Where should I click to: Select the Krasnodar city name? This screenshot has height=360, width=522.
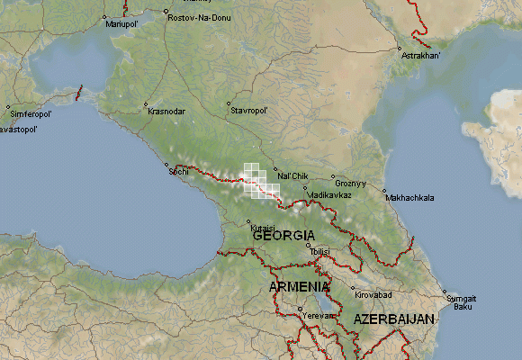(x=166, y=112)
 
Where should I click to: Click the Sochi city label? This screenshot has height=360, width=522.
(x=178, y=171)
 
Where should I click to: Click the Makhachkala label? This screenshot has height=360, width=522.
(x=409, y=197)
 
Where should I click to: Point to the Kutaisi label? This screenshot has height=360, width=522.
(x=261, y=228)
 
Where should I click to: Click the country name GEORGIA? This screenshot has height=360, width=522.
(x=277, y=235)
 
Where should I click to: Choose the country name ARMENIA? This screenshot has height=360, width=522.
(x=300, y=286)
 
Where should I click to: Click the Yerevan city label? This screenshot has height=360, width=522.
(x=318, y=316)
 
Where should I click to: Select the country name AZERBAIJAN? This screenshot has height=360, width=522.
(x=393, y=319)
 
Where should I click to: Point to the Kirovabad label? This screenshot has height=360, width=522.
(x=373, y=295)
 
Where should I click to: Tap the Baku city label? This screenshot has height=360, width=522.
(x=463, y=307)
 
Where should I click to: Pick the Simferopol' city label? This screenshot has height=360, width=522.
(x=31, y=115)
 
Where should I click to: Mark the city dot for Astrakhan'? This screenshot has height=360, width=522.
(x=399, y=48)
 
